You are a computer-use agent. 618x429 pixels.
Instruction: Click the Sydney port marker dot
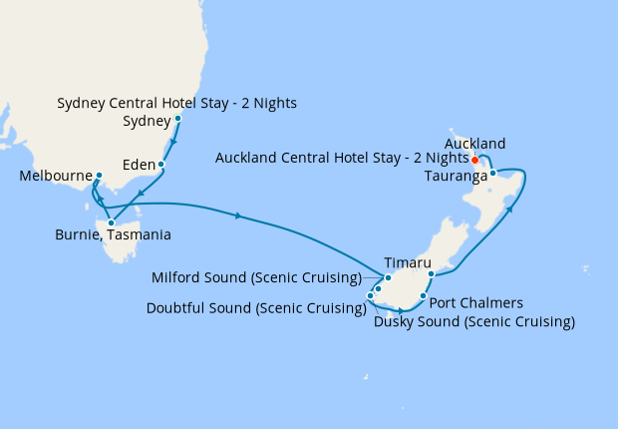pyautogui.click(x=177, y=119)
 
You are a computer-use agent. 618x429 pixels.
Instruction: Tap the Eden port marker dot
pyautogui.click(x=161, y=164)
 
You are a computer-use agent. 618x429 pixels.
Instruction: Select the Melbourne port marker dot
pyautogui.click(x=99, y=177)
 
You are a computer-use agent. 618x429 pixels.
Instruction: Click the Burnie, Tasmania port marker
pyautogui.click(x=111, y=222)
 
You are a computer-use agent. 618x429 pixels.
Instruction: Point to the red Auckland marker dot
pyautogui.click(x=474, y=160)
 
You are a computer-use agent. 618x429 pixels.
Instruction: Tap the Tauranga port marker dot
pyautogui.click(x=492, y=174)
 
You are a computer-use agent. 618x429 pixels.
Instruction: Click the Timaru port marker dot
pyautogui.click(x=431, y=273)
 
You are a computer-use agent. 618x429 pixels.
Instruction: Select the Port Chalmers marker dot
pyautogui.click(x=424, y=296)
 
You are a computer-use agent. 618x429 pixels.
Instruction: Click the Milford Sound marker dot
pyautogui.click(x=388, y=277)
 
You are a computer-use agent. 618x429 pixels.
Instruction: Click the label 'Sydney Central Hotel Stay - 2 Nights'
pyautogui.click(x=176, y=103)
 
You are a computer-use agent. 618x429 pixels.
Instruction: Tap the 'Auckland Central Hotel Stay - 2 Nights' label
pyautogui.click(x=341, y=158)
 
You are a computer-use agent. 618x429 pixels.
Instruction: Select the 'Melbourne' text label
pyautogui.click(x=53, y=177)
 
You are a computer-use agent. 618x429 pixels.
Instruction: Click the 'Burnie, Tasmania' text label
pyautogui.click(x=113, y=235)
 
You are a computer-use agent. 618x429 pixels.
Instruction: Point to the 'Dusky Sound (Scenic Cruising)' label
pyautogui.click(x=474, y=321)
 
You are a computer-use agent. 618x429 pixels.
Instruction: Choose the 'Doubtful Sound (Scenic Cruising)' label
pyautogui.click(x=255, y=308)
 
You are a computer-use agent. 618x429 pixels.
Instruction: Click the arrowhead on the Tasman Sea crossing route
pyautogui.click(x=238, y=215)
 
